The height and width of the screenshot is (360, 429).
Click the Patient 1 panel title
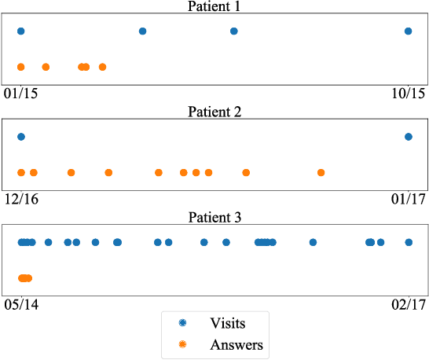point(214,6)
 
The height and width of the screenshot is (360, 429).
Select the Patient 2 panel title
point(214,112)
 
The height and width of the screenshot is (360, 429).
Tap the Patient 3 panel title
point(214,218)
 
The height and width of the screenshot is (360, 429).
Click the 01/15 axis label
point(21,94)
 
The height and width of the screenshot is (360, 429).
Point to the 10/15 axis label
point(408,94)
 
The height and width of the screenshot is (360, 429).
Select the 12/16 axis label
point(21,200)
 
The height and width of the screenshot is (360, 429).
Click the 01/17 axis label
point(408,200)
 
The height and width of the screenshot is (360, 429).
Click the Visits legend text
point(228,323)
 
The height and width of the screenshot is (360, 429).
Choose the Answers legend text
point(236,344)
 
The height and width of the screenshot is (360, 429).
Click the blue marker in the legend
point(182,323)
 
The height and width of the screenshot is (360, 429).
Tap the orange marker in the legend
point(182,344)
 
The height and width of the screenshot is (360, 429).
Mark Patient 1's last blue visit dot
point(408,31)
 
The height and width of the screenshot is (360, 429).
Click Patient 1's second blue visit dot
point(142,31)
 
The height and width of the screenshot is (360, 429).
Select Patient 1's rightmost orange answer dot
point(102,67)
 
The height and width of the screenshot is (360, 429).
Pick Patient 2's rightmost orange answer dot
point(321,172)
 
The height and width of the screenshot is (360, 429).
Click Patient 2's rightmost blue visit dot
point(408,137)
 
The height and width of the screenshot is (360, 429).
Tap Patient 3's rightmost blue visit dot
point(408,242)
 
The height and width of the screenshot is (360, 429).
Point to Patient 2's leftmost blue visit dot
point(21,137)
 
